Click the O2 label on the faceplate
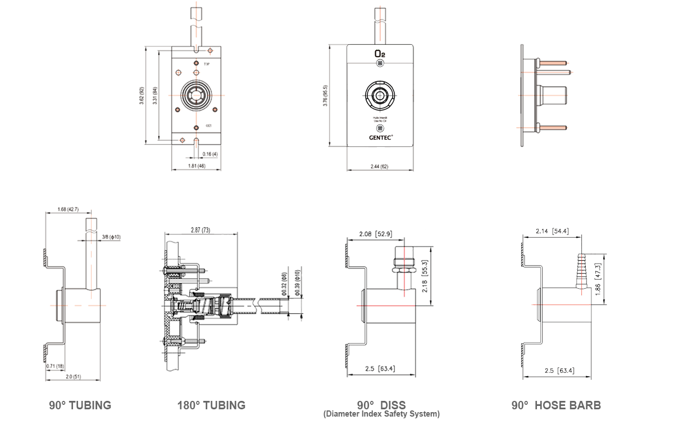tap(380, 53)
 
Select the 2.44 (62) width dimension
tap(380, 167)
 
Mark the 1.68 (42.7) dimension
tap(67, 210)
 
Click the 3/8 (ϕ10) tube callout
tap(111, 237)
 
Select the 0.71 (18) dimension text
tap(54, 366)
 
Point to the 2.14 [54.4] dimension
tap(552, 231)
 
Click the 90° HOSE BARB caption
tap(555, 405)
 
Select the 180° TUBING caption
tap(211, 405)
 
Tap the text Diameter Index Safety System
tap(381, 414)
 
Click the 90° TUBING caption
tap(80, 405)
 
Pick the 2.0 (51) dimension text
tap(73, 377)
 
